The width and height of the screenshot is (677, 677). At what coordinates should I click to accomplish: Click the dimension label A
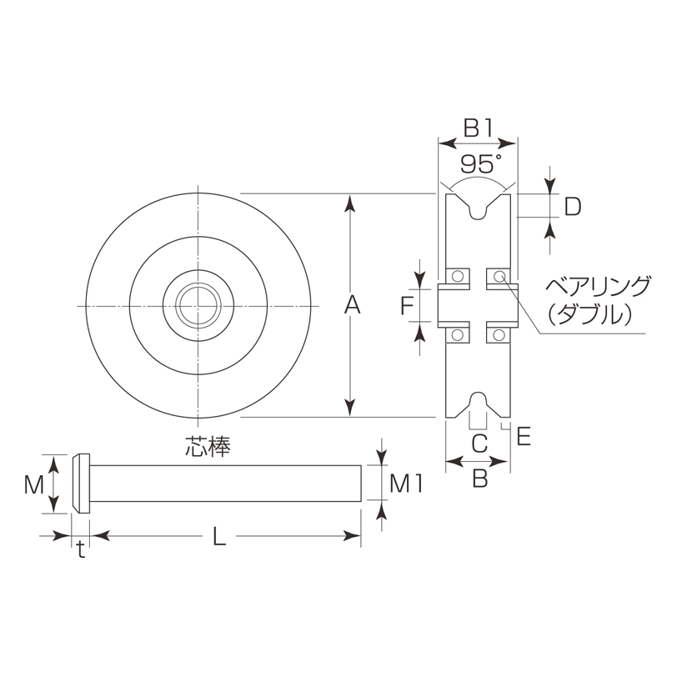point(352,306)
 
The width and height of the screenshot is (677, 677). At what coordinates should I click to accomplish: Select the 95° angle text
point(479,160)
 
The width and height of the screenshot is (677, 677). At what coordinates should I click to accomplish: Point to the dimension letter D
point(572,206)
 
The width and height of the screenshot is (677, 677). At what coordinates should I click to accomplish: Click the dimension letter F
point(406,307)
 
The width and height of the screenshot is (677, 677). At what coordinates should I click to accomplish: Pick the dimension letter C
point(479,444)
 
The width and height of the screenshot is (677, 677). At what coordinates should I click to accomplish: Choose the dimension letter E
point(524,437)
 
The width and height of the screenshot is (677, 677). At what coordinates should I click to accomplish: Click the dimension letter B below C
point(479,478)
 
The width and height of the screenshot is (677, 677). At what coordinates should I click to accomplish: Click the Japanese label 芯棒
point(207,446)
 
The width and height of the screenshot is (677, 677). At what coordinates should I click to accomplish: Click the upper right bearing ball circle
point(499,275)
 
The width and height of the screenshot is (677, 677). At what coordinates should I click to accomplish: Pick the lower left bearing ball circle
point(456,335)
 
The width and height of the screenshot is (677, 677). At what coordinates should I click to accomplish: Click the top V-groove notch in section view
point(478,208)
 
